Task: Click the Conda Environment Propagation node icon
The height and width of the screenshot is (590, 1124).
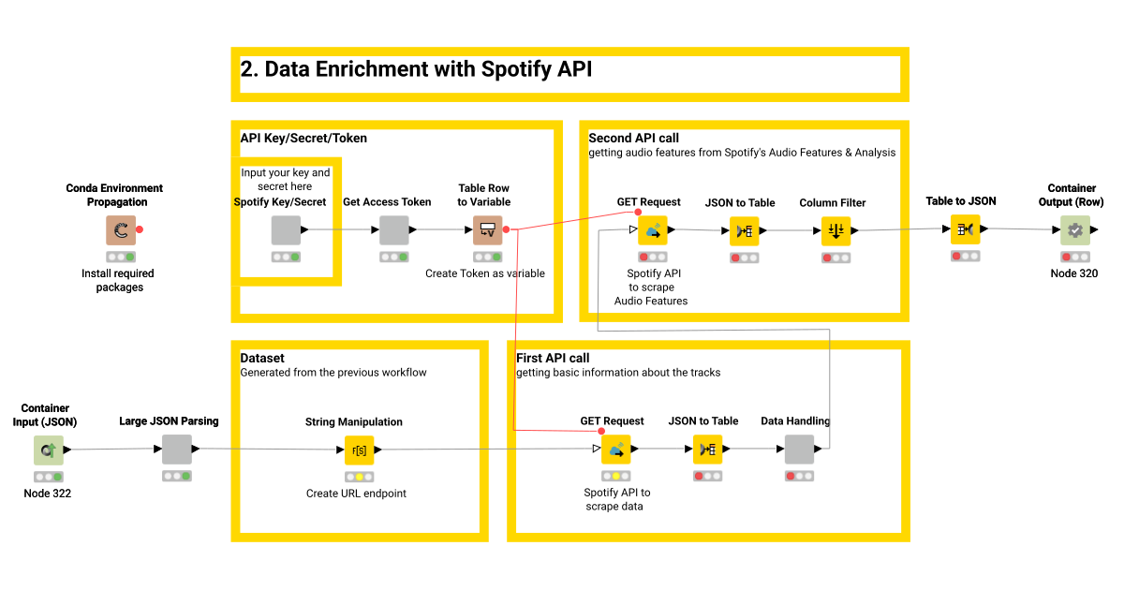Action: click(120, 230)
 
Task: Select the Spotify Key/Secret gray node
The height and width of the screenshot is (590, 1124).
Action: click(286, 230)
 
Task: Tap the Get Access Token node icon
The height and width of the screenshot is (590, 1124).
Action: click(394, 230)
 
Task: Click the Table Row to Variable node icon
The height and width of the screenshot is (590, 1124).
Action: click(487, 230)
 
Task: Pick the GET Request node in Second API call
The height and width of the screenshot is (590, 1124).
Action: click(652, 230)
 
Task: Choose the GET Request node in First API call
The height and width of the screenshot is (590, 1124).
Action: click(615, 450)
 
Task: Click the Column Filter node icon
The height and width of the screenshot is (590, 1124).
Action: click(836, 230)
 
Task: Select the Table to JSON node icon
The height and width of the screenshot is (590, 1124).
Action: click(966, 229)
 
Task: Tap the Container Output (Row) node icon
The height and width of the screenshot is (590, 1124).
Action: click(1074, 229)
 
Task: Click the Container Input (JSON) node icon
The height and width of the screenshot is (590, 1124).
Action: click(48, 450)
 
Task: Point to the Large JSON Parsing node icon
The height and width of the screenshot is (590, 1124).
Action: click(176, 450)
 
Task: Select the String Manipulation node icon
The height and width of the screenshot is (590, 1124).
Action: click(359, 450)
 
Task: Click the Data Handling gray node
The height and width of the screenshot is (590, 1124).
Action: click(799, 450)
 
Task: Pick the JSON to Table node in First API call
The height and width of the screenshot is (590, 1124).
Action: click(707, 450)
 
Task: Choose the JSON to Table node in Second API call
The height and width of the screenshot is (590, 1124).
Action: click(744, 230)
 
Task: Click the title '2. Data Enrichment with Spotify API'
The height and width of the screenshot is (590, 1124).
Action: click(416, 69)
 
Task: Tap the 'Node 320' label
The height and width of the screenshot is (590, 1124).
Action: click(1073, 273)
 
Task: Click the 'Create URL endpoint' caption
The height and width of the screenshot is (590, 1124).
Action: click(356, 494)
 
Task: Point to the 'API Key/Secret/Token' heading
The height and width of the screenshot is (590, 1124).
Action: click(303, 138)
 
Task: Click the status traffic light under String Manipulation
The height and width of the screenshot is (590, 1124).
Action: click(359, 477)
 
